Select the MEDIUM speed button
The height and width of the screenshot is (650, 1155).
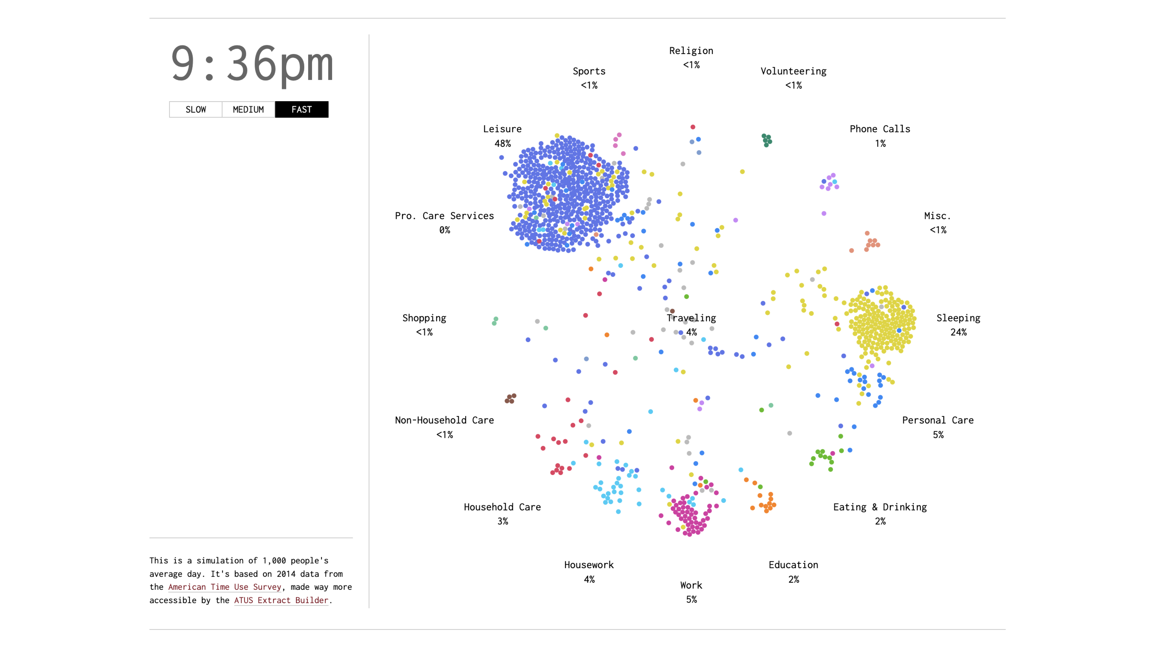[248, 109]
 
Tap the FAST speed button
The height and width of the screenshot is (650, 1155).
[301, 109]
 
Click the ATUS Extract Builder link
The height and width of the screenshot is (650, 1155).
[281, 600]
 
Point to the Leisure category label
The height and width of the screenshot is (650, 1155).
[502, 129]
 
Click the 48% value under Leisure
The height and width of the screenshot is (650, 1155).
[502, 143]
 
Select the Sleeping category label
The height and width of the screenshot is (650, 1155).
[958, 318]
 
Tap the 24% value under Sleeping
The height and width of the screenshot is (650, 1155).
[958, 332]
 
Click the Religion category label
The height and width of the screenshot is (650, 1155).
[691, 51]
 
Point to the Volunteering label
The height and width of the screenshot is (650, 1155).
[793, 71]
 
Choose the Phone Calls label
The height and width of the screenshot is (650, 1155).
[880, 129]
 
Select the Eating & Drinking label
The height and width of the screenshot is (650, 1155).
[880, 507]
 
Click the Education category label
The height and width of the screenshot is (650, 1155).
[793, 565]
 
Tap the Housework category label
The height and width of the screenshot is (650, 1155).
[589, 565]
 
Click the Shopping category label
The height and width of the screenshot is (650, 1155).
[424, 318]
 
